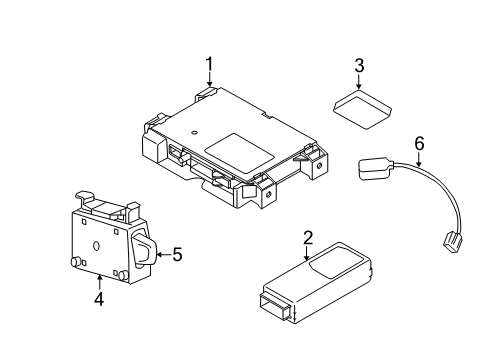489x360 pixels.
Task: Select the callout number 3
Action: pos(359,67)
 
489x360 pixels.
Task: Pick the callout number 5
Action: pos(176,255)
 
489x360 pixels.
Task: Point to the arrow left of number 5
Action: pos(160,255)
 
